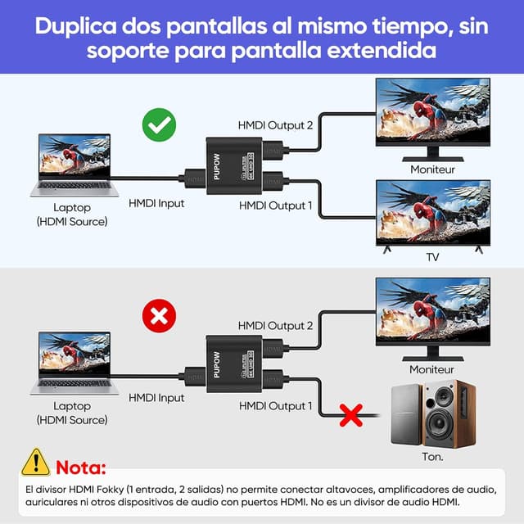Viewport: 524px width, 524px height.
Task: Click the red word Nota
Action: point(81,468)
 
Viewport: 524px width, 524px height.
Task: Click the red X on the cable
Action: point(351,415)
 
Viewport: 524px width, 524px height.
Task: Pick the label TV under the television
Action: point(432,257)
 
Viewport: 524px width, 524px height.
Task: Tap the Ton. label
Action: point(432,456)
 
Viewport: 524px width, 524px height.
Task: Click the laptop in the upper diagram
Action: point(72,165)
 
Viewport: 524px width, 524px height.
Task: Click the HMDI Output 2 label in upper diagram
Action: point(275,125)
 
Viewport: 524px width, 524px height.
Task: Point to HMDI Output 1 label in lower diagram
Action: point(276,405)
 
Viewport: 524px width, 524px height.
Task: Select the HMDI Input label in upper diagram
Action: point(156,203)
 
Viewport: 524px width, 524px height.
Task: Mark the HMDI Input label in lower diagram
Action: point(156,398)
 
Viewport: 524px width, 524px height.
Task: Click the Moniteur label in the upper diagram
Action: point(432,169)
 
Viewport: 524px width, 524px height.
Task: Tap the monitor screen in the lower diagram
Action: point(432,310)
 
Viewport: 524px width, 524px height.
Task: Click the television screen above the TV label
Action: point(432,211)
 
